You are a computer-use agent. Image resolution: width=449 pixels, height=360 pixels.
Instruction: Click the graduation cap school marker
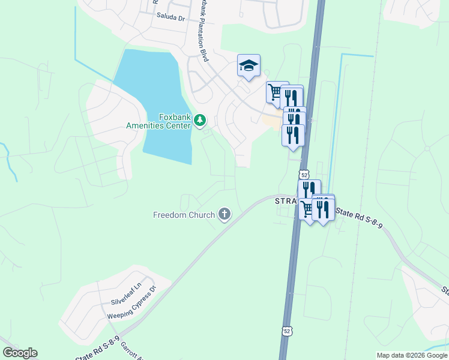[249, 65]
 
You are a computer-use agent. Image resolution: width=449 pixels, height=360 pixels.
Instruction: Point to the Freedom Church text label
[184, 214]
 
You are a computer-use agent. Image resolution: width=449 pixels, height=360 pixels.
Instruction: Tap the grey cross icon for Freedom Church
[224, 214]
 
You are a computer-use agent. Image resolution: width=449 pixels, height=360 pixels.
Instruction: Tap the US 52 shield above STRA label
[304, 175]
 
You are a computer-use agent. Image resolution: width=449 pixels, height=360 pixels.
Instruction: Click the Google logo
[20, 353]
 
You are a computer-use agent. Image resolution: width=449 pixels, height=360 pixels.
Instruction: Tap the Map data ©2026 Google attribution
[412, 355]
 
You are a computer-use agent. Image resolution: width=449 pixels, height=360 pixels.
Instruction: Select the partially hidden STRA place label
[286, 202]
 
